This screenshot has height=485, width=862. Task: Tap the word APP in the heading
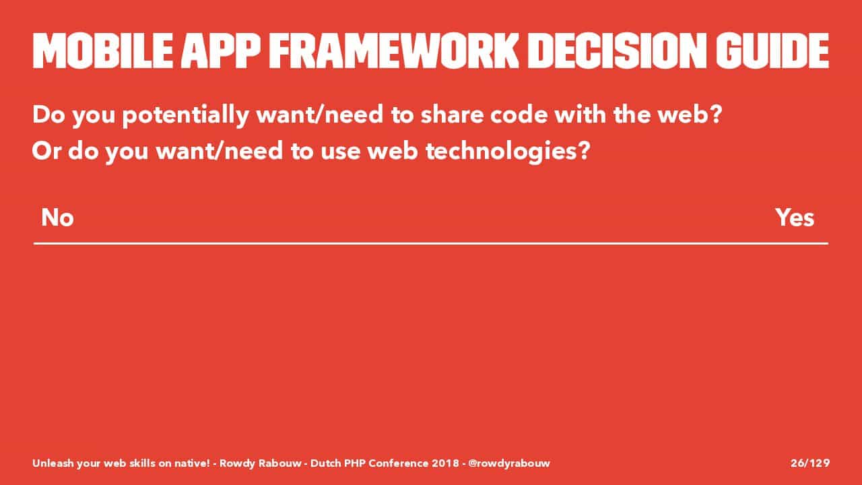coord(220,51)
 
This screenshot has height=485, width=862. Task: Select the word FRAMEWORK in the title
coord(394,51)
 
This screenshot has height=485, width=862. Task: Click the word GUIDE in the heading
coord(772,51)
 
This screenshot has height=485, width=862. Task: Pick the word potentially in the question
coord(185,115)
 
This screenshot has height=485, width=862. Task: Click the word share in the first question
coord(451,115)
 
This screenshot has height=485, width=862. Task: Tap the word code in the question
coord(519,115)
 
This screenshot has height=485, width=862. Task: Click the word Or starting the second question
coord(46,150)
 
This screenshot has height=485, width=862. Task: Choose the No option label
coord(57,218)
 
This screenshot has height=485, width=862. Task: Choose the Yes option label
coord(795,218)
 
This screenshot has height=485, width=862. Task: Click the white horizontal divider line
coord(431,243)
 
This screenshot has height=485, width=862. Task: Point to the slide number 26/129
coord(810,463)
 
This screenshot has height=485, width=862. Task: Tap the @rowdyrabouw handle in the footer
coord(509,463)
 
